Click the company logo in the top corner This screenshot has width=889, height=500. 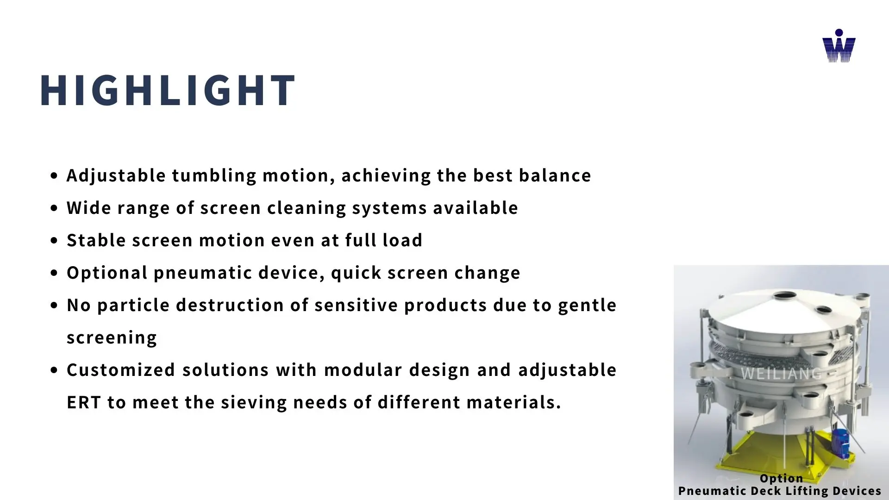839,46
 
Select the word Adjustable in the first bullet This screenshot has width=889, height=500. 116,176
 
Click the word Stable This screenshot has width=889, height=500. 96,240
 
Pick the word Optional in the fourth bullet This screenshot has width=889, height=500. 107,273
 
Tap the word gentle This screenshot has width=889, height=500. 587,306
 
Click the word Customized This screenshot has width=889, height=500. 121,370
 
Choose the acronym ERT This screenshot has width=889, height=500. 83,402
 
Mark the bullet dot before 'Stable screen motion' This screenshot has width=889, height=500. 55,241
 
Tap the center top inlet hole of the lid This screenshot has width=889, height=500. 785,295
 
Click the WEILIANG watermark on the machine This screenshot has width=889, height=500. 782,374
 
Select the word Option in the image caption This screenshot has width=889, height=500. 782,478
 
